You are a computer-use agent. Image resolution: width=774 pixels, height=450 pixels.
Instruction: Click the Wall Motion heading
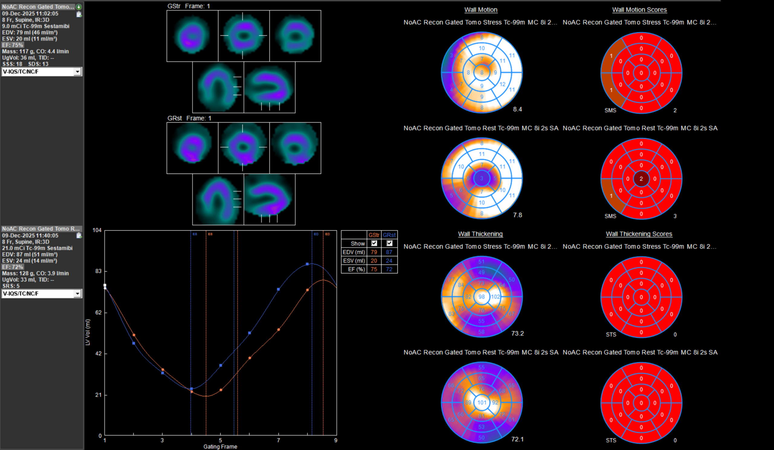480,10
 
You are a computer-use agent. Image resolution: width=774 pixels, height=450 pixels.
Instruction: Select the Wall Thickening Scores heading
639,234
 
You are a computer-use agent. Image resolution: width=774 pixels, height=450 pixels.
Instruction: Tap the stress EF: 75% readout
13,45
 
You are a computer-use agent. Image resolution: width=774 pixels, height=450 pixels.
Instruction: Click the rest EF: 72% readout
13,267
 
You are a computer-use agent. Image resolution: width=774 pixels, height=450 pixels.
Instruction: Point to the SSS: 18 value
12,64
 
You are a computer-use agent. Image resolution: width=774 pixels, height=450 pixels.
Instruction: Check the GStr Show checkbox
374,243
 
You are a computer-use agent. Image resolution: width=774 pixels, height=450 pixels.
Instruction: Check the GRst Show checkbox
389,243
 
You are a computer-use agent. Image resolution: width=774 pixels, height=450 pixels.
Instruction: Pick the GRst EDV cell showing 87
389,252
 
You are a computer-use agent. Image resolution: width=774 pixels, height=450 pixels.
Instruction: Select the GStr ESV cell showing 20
373,261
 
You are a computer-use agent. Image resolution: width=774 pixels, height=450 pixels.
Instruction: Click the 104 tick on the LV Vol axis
97,230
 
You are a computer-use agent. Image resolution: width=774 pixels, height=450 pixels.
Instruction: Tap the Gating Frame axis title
220,447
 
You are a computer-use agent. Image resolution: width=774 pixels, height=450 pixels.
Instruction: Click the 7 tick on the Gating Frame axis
278,440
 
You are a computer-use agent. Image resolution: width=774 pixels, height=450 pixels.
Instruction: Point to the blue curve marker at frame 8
307,264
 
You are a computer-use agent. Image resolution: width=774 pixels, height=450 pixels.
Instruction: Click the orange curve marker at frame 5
221,390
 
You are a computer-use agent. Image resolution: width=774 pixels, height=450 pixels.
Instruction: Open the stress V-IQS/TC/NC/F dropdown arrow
77,72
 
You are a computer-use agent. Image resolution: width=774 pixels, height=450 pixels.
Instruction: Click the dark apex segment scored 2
641,179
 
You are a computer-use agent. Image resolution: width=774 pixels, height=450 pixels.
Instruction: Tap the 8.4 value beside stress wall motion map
517,109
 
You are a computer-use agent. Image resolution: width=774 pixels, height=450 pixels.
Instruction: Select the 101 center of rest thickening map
482,403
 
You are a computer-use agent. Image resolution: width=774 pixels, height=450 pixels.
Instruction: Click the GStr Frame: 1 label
189,6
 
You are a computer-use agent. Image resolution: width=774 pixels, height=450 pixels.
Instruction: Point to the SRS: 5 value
11,286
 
